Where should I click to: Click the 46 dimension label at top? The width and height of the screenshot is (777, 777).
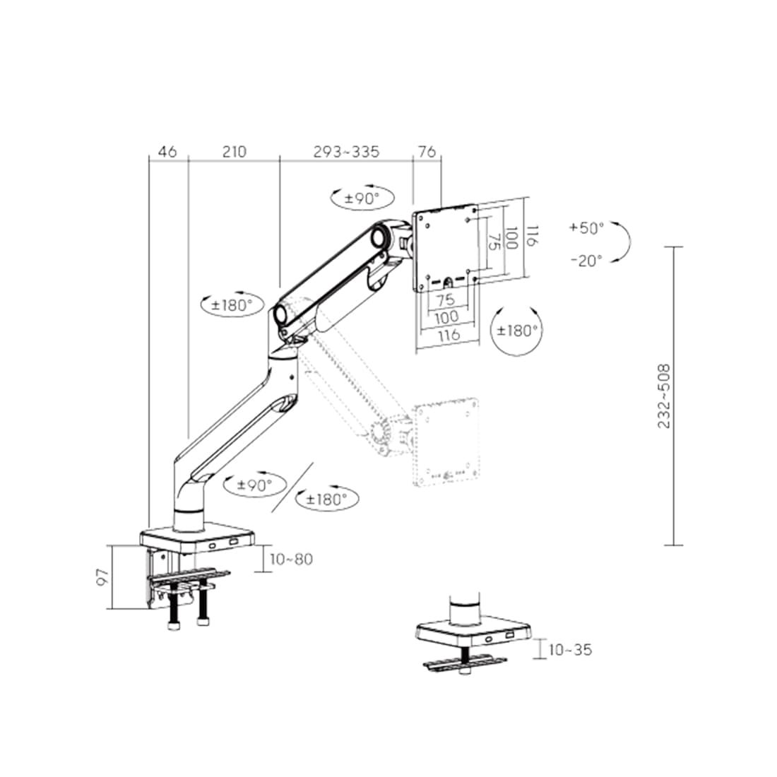[167, 151]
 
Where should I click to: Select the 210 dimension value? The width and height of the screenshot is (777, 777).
[234, 151]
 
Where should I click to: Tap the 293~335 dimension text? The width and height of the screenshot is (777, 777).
[346, 151]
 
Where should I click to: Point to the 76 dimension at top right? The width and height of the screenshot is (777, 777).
[427, 151]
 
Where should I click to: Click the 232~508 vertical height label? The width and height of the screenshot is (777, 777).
[663, 396]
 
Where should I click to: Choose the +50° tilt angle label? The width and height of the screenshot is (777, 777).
[586, 227]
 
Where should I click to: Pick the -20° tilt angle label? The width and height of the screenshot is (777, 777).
[586, 260]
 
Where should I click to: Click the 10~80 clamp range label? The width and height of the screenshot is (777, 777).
[291, 559]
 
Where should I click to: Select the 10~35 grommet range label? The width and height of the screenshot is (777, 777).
[570, 650]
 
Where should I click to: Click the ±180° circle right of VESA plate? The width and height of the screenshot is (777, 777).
[517, 330]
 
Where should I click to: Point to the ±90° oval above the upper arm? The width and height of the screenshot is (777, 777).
[362, 198]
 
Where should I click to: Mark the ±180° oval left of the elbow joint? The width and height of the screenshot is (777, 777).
[231, 305]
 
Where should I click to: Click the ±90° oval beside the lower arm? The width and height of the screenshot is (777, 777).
[255, 485]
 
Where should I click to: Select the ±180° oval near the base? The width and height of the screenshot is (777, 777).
[326, 498]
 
